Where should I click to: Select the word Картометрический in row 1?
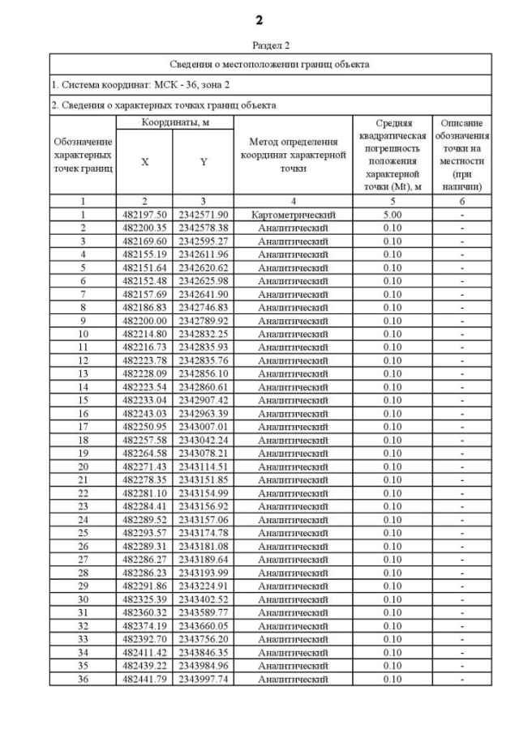(x=293, y=215)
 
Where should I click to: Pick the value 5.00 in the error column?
(x=392, y=215)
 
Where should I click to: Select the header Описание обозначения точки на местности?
(x=461, y=154)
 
